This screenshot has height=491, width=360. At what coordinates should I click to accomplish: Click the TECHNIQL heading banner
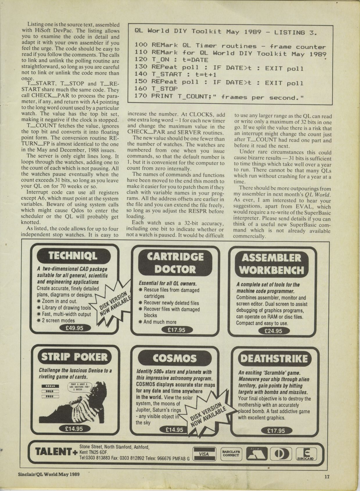73,256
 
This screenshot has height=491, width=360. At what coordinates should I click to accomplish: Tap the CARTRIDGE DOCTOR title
175,262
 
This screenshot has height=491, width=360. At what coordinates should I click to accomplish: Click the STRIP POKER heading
74,357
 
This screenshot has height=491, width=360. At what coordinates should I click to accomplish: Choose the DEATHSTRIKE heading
274,359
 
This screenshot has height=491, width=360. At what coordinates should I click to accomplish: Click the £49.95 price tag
75,328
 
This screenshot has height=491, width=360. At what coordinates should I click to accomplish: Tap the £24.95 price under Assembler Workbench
273,331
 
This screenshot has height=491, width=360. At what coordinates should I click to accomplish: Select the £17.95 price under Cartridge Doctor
176,330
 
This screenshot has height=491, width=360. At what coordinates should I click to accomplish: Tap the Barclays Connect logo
231,454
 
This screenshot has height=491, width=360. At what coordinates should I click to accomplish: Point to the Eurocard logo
306,454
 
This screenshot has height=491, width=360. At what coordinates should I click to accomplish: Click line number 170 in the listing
141,96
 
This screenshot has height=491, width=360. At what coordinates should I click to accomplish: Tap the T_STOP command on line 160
164,89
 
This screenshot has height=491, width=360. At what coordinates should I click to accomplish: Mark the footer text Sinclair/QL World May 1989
48,474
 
